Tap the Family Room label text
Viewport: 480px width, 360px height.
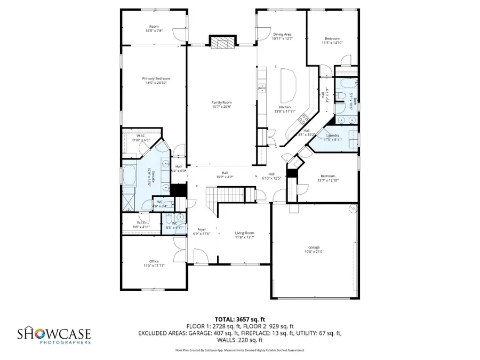[x=221, y=102]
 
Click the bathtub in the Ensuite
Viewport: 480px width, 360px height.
[x=130, y=174]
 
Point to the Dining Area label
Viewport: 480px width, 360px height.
[x=282, y=35]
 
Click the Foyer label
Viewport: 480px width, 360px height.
[x=202, y=229]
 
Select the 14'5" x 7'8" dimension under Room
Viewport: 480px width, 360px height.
[x=154, y=30]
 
